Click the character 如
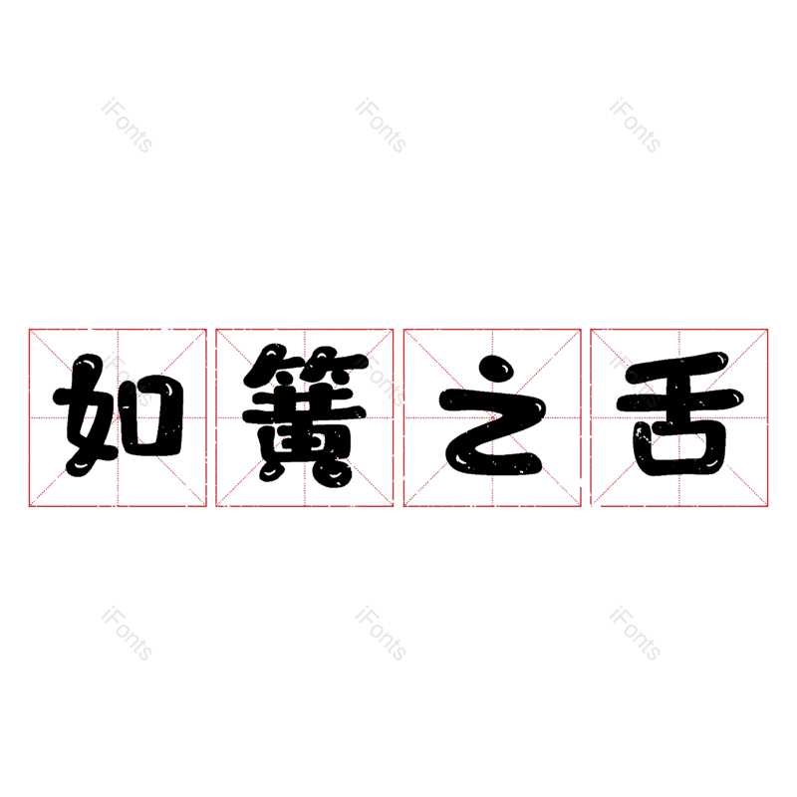pyautogui.click(x=118, y=414)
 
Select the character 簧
pyautogui.click(x=305, y=413)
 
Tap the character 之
pyautogui.click(x=492, y=414)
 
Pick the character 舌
pyautogui.click(x=679, y=413)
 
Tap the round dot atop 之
pyautogui.click(x=496, y=369)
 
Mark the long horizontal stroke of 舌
pyautogui.click(x=680, y=401)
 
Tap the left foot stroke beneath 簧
pyautogui.click(x=271, y=471)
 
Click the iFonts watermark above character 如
pyautogui.click(x=127, y=126)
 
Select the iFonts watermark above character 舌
pyautogui.click(x=635, y=126)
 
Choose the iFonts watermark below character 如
pyautogui.click(x=127, y=634)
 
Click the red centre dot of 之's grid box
pyautogui.click(x=492, y=417)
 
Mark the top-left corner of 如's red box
pyautogui.click(x=29, y=330)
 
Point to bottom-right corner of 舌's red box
pyautogui.click(x=767, y=506)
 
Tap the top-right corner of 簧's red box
pyautogui.click(x=394, y=330)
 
